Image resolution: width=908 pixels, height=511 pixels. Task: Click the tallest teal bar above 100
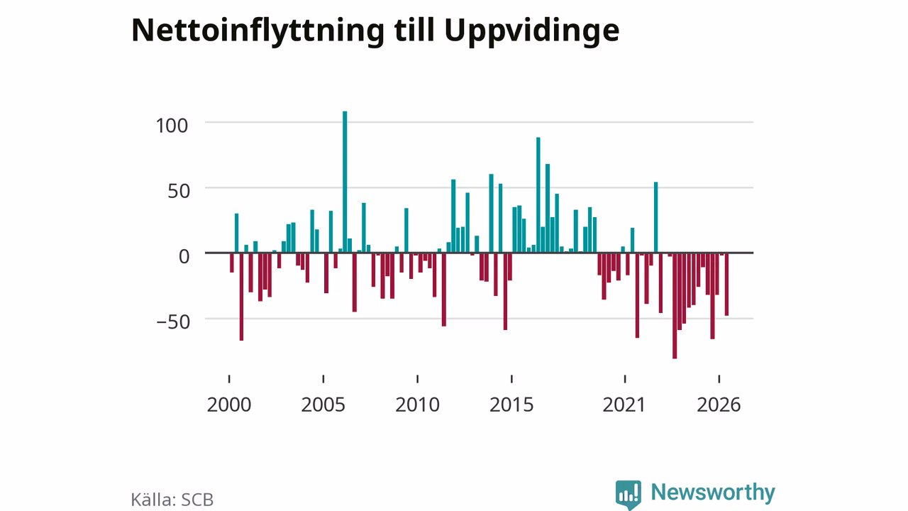click(345, 182)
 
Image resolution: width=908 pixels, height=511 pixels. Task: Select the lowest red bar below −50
click(675, 306)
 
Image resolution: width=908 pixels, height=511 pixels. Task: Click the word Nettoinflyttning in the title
click(258, 31)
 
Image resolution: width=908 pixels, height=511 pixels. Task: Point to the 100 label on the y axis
click(172, 126)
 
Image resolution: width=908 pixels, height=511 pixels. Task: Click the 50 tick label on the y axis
click(179, 191)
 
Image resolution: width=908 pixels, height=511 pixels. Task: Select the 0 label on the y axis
click(184, 256)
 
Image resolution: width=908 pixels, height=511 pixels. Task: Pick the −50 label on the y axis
click(173, 322)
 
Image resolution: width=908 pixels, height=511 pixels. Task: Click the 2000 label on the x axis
click(229, 405)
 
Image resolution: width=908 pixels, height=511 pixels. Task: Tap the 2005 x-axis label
click(323, 405)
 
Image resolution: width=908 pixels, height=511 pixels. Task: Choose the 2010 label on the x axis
click(418, 405)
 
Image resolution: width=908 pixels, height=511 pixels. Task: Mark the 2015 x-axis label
click(511, 405)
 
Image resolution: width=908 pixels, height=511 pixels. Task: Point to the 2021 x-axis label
click(624, 405)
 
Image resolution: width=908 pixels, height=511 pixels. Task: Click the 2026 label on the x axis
click(719, 405)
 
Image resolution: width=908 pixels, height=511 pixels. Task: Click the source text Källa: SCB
click(172, 500)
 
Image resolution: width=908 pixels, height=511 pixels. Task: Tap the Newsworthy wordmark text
click(713, 493)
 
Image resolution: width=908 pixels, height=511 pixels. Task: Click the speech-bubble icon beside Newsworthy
click(628, 494)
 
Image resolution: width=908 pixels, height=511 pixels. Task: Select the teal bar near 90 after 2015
click(538, 194)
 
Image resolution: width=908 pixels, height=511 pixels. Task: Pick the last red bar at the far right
click(727, 285)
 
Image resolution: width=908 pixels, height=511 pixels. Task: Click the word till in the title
click(414, 30)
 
